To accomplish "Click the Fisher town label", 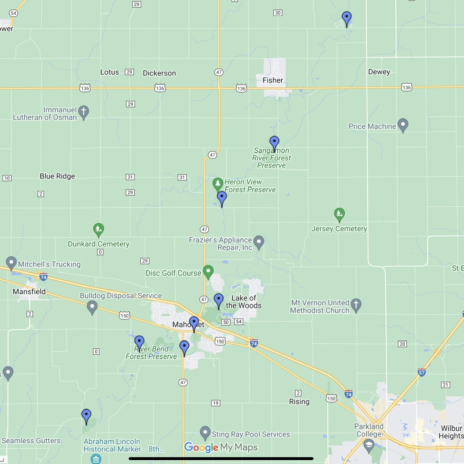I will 273,80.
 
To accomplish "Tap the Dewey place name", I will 379,72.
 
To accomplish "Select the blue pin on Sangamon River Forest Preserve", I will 274,143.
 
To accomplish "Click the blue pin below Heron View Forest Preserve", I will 222,198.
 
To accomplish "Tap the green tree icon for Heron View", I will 217,183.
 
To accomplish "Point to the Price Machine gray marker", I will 403,125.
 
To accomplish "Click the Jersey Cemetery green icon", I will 339,214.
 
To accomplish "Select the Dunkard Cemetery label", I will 99,244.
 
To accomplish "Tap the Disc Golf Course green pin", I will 208,272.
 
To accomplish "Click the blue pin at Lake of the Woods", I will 219,300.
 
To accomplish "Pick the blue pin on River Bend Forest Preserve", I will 139,342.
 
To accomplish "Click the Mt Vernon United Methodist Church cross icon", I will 356,305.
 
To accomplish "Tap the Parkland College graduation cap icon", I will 369,445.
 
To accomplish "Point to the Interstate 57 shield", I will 422,372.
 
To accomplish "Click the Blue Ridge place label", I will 57,176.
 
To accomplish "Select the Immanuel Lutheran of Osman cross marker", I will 84,112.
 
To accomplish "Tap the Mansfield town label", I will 29,291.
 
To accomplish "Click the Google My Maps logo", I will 221,447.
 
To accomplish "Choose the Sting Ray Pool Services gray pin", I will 205,432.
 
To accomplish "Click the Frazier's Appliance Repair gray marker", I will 258,242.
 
